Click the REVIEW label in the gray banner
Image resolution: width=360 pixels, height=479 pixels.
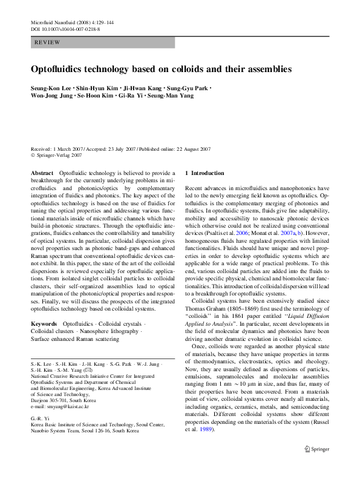tap(48, 42)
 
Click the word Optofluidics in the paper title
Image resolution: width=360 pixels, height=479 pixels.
tap(65, 69)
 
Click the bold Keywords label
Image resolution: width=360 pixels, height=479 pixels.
tap(44, 325)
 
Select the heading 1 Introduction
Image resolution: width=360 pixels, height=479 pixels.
tap(205, 173)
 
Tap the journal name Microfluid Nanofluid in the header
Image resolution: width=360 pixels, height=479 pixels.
tap(54, 22)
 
